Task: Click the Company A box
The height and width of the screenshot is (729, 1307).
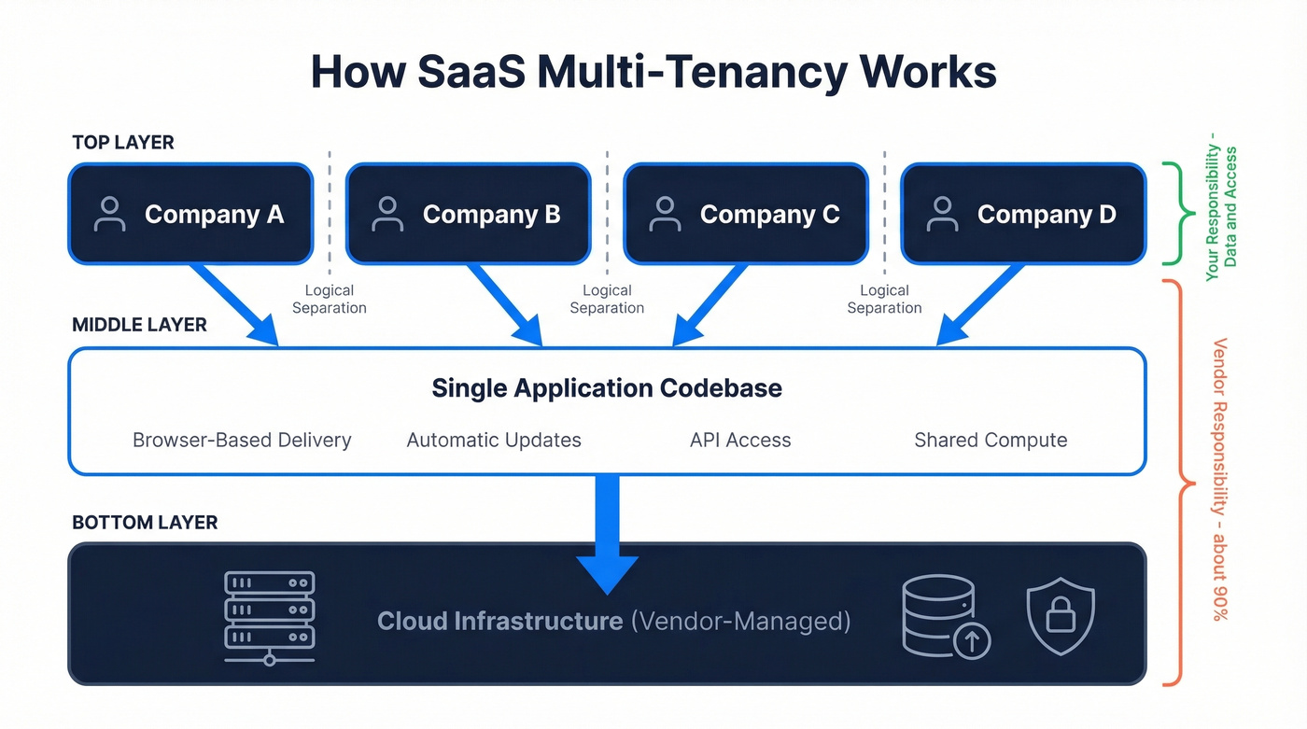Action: [x=190, y=214]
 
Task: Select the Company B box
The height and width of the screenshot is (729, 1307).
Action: [x=468, y=214]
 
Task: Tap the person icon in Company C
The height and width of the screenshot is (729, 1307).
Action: [x=665, y=214]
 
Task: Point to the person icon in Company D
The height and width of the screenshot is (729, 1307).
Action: [x=942, y=214]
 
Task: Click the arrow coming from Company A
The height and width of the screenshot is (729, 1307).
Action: [x=233, y=304]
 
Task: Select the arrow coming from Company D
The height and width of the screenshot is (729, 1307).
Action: [x=980, y=304]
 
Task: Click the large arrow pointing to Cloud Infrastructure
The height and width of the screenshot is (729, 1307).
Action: [x=607, y=532]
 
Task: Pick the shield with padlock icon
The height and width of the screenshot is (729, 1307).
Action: [x=1060, y=616]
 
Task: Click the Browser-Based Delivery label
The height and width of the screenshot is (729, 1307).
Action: [x=242, y=441]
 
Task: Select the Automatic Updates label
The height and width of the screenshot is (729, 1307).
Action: [x=494, y=441]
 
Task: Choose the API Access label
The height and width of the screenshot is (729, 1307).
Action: [x=740, y=441]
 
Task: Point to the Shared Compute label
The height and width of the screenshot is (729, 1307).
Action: [x=991, y=441]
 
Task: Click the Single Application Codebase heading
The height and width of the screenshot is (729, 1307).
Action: [x=607, y=388]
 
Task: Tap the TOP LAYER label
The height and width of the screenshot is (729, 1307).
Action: [x=123, y=143]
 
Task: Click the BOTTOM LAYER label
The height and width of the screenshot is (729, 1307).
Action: [x=145, y=523]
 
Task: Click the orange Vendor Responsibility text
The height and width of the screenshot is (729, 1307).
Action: [x=1221, y=479]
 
